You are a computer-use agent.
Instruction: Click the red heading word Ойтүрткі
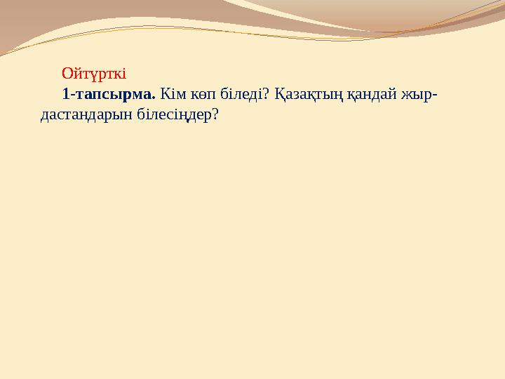pyautogui.click(x=93, y=73)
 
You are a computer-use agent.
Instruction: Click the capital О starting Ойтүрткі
pyautogui.click(x=67, y=73)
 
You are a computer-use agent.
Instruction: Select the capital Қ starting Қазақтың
pyautogui.click(x=278, y=93)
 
